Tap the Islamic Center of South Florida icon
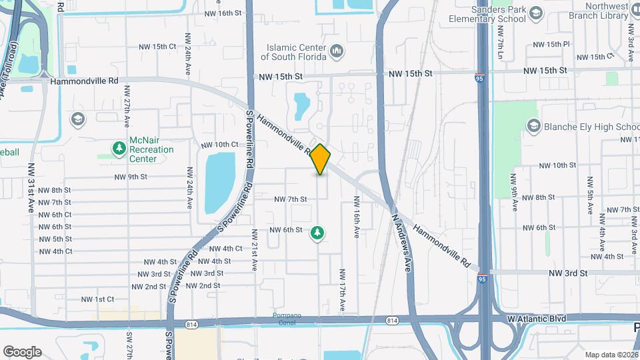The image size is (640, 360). point(337,51)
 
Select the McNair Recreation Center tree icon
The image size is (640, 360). point(119,147)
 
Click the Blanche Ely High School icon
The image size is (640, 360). point(533,126)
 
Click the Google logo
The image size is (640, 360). point(22,351)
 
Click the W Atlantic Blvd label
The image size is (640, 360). point(536,319)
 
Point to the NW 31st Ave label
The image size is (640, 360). point(31,188)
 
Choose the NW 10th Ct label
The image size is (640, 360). point(219,145)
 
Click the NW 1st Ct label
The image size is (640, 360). point(97,299)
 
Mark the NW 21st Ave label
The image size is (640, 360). point(254,250)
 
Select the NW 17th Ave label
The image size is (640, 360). point(343,289)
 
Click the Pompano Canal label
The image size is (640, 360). point(287,319)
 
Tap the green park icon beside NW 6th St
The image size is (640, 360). point(317,233)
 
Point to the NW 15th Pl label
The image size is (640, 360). point(549,44)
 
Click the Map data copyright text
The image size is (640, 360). point(610,355)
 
